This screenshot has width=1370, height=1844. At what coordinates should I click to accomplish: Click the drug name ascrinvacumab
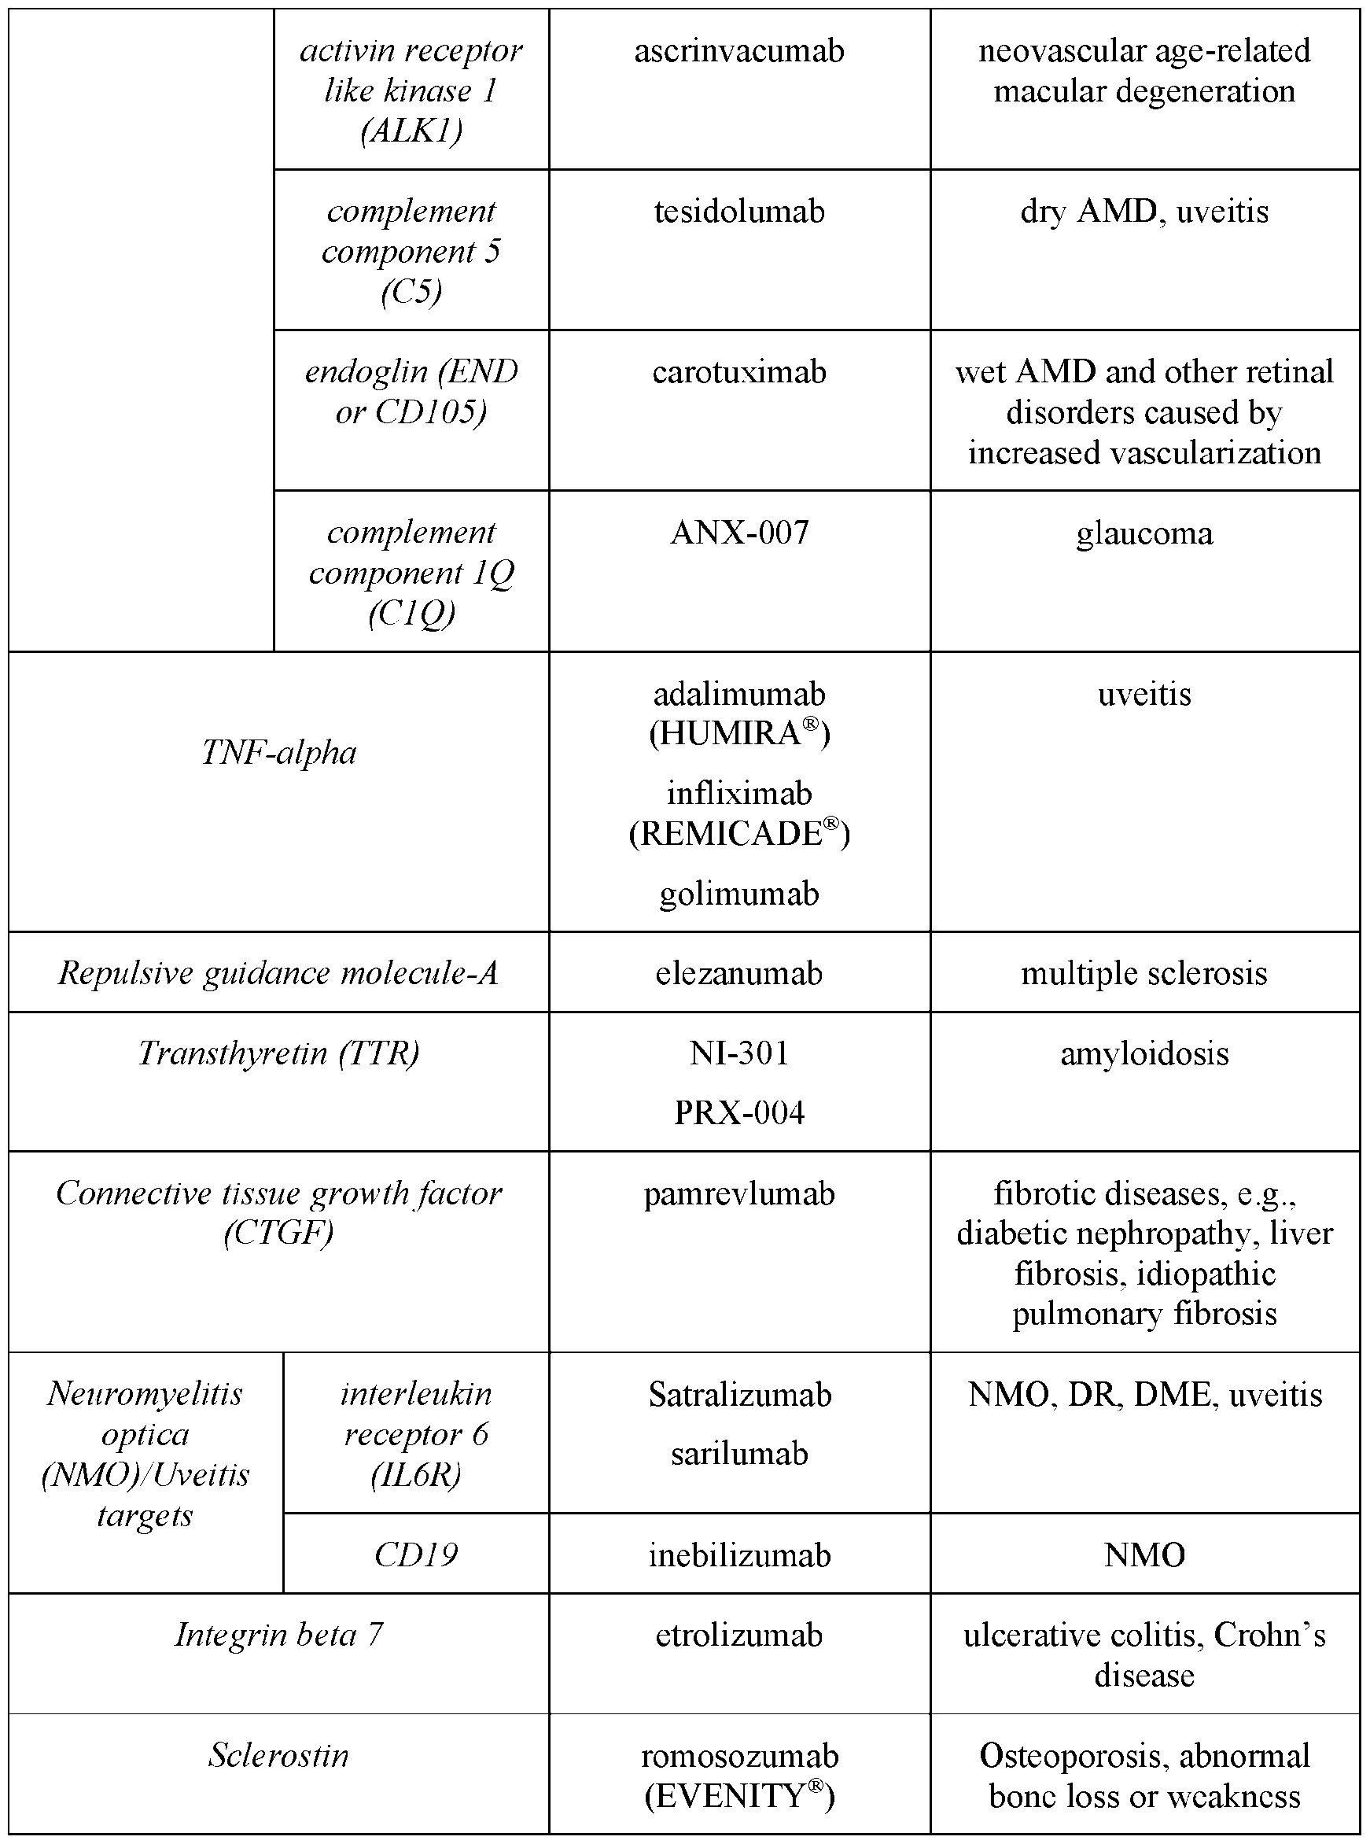(x=739, y=51)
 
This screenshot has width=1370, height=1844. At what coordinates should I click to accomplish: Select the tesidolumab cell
(x=739, y=212)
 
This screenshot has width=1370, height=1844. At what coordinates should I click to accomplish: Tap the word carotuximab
(x=739, y=372)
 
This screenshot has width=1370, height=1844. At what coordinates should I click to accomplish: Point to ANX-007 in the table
(x=739, y=533)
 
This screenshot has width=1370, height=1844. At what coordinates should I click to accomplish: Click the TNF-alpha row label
(x=278, y=753)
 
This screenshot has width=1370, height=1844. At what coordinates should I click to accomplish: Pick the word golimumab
(x=739, y=894)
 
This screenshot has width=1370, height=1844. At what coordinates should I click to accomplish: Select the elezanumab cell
(x=739, y=973)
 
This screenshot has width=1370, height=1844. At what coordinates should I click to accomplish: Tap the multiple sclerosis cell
(x=1144, y=973)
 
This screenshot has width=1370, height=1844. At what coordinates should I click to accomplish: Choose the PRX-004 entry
(x=739, y=1112)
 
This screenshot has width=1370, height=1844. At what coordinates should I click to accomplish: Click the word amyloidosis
(x=1144, y=1053)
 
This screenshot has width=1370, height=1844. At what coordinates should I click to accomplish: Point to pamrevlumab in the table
(x=739, y=1193)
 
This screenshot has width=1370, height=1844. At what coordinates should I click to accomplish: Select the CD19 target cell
(x=415, y=1554)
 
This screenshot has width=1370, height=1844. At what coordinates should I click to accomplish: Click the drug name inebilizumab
(x=739, y=1554)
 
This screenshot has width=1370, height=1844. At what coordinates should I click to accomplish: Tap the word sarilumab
(x=739, y=1454)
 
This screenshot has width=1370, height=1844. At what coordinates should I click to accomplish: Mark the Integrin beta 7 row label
(x=278, y=1634)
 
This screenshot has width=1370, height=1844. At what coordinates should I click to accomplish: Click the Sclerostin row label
(x=278, y=1755)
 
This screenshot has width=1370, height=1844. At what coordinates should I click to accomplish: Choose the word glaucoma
(x=1144, y=533)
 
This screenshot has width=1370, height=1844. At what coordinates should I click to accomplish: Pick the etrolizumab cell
(x=739, y=1635)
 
